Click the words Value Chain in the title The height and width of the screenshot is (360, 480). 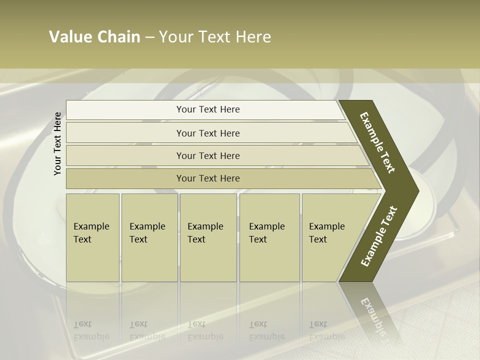pos(94,37)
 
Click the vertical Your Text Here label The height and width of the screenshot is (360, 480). pos(57,143)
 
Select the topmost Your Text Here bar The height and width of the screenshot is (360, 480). pos(208,109)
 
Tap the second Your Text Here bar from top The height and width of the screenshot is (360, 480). pos(208,133)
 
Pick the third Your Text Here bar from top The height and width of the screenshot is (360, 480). pos(208,155)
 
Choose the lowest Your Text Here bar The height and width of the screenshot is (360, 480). pos(208,178)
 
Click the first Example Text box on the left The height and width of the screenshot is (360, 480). pos(92,237)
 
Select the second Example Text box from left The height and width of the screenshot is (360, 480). pos(149,237)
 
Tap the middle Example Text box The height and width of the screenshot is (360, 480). pos(208,237)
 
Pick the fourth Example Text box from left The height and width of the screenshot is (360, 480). pos(269,237)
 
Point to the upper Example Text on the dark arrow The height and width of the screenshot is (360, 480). pos(377,142)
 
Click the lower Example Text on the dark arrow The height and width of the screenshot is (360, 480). pos(379,236)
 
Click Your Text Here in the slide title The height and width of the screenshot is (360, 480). pos(215,37)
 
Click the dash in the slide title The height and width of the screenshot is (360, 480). pos(149,37)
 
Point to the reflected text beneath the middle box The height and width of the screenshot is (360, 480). pos(205,330)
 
